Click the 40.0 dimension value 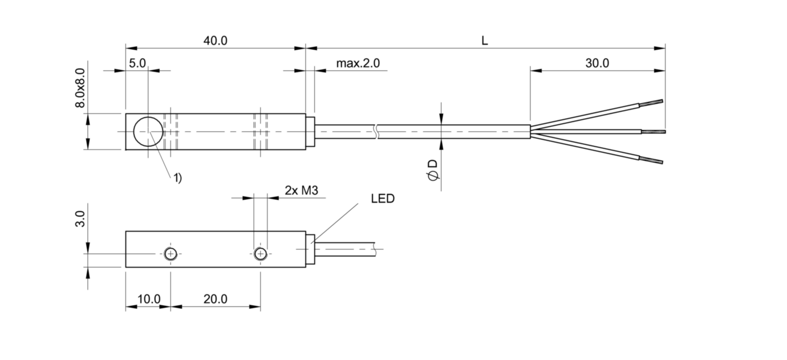click(x=216, y=41)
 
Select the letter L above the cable click(x=485, y=41)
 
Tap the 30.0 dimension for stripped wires click(x=597, y=63)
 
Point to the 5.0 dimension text click(x=137, y=63)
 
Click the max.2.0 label click(x=358, y=63)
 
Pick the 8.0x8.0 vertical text click(x=81, y=88)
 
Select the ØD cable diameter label click(x=433, y=170)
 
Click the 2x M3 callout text click(x=301, y=191)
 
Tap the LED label click(x=383, y=199)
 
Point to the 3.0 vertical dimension click(x=81, y=219)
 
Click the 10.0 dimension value click(x=149, y=299)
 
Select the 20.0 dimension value click(x=216, y=299)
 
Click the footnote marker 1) click(x=178, y=178)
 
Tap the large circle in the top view click(x=148, y=131)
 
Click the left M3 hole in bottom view click(x=170, y=254)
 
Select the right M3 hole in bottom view click(x=261, y=254)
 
